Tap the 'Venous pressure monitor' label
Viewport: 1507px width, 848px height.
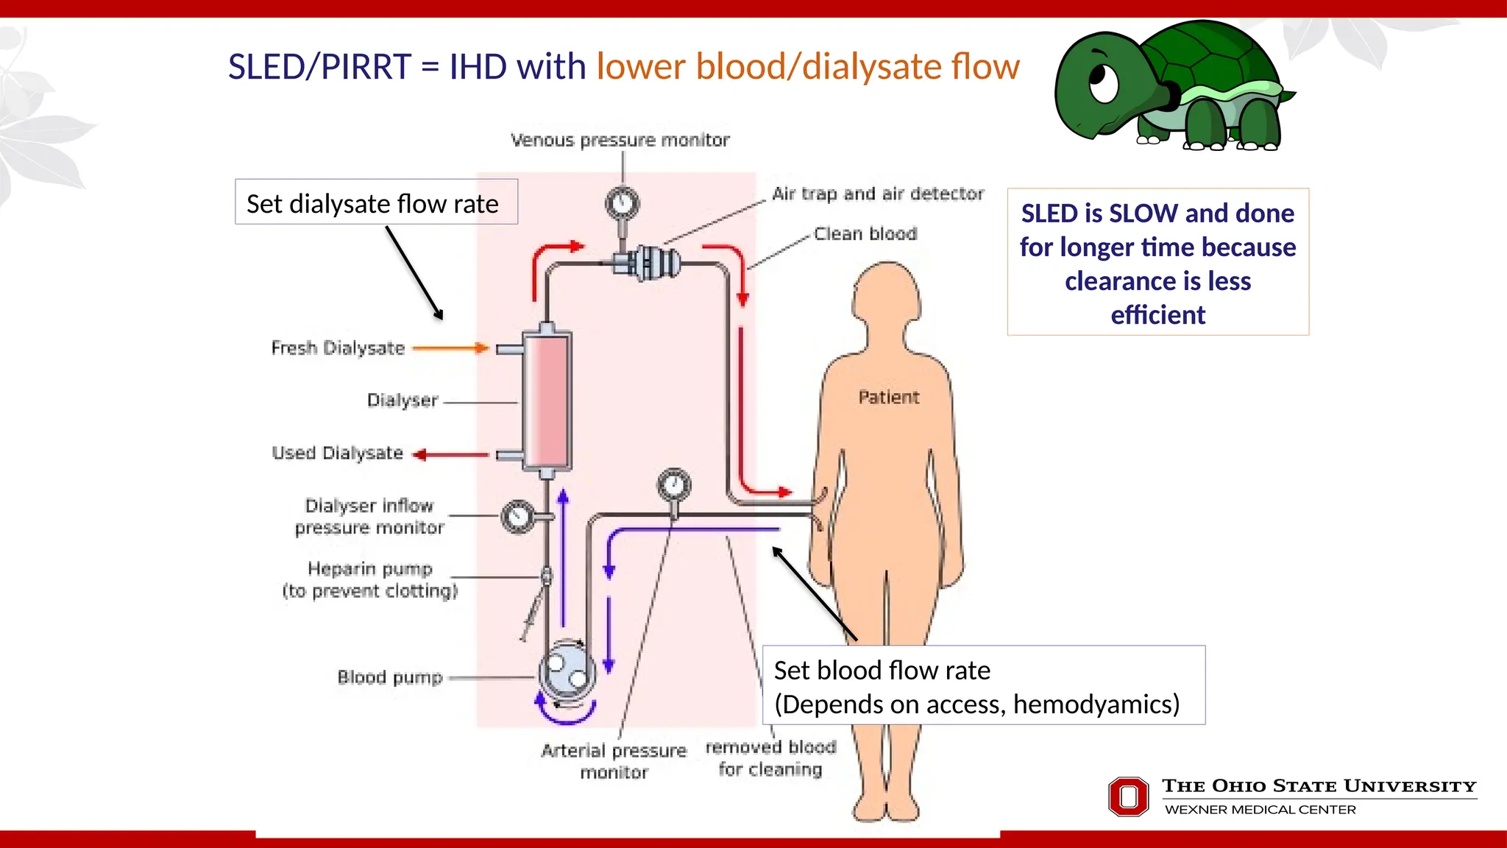[x=620, y=140]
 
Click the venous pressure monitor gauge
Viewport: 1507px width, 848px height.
[x=623, y=202]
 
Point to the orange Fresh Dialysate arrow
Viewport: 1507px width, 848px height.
[x=450, y=348]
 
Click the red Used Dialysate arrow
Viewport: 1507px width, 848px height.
[x=450, y=455]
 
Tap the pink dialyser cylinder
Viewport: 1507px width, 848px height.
[x=547, y=401]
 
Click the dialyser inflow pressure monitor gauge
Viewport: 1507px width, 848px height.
[x=518, y=517]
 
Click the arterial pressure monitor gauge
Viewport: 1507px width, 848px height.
[x=673, y=485]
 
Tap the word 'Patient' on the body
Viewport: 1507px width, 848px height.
[x=888, y=397]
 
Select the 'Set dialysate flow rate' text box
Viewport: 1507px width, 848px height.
[x=376, y=202]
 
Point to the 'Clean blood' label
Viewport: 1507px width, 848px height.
[x=865, y=234]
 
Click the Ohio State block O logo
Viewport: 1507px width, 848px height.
[x=1128, y=796]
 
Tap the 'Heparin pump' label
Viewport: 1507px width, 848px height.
[x=370, y=569]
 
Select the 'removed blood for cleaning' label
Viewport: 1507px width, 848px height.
[x=770, y=758]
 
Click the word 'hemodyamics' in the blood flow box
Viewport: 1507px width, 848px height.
[x=1096, y=704]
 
